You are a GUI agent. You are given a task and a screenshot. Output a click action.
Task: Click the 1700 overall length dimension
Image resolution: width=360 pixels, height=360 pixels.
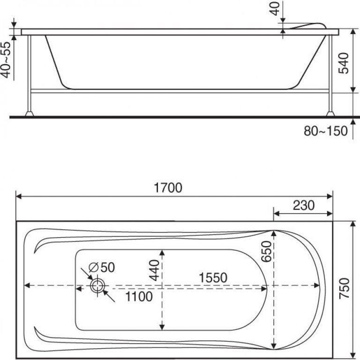pos(168,187)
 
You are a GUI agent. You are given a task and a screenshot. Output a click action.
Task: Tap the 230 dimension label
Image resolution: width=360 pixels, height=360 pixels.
pos(304,205)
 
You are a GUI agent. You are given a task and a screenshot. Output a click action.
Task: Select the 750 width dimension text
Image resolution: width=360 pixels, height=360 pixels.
pos(345,288)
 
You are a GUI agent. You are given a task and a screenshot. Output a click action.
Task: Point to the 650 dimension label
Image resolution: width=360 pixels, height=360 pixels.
pos(267,251)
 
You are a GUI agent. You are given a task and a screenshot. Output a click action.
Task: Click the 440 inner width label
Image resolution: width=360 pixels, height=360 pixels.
pos(154,270)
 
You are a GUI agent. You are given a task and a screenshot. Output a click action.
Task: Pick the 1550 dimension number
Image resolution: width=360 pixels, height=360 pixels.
pos(213,277)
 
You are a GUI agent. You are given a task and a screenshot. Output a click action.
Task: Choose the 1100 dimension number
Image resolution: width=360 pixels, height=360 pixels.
pos(139,296)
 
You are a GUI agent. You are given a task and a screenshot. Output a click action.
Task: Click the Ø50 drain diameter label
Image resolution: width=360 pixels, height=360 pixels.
pos(102,267)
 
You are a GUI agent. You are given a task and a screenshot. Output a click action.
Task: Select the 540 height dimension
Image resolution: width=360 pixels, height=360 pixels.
pos(344,63)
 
